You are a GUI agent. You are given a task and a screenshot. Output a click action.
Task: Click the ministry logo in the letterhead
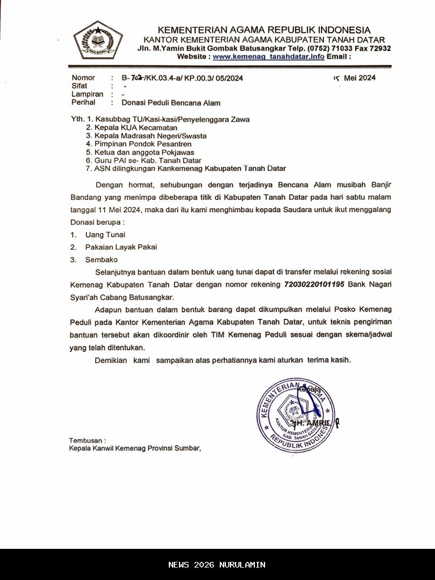tap(98, 40)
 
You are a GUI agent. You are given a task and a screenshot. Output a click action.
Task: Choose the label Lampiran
tap(87, 95)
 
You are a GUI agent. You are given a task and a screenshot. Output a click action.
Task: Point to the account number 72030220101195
tap(314, 284)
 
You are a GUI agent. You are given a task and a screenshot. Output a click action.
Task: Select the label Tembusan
tap(87, 440)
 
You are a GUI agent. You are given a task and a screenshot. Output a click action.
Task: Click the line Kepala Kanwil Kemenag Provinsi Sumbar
tap(135, 448)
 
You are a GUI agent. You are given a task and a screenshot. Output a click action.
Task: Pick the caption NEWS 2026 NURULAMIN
tap(217, 565)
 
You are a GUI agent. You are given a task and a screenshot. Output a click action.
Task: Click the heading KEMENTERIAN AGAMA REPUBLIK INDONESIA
tap(264, 30)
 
